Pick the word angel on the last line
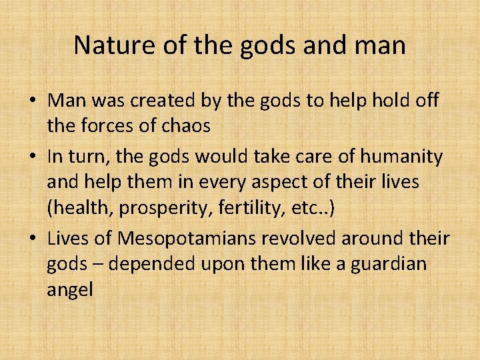(70, 291)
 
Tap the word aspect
(295, 183)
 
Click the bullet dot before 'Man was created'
(33, 101)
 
